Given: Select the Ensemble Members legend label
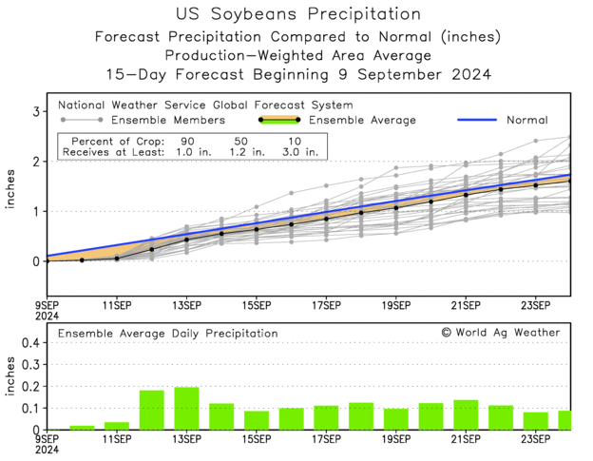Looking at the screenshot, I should pos(168,121).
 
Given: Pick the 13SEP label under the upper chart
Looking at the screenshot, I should pos(186,305).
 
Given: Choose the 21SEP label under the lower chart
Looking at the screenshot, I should pos(466,441).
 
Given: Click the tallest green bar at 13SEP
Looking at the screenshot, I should pos(186,409).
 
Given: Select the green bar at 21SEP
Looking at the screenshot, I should pos(466,415).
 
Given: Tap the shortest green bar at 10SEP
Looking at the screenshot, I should pos(82,428).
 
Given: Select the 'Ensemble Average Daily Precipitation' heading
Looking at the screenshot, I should pos(168,334).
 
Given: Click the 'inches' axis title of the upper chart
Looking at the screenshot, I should pos(12,186).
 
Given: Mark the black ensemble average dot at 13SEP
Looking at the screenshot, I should pos(186,240).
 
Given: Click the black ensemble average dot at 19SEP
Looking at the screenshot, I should pos(396,207).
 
